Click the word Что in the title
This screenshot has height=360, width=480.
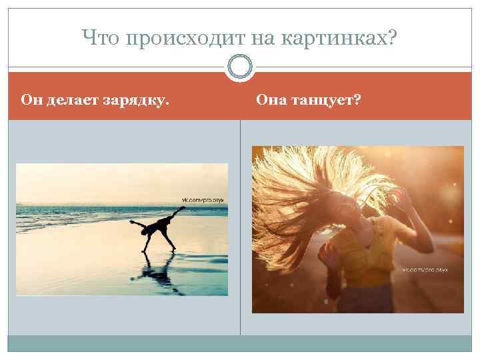[x=100, y=39]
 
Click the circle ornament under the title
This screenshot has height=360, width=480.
[x=240, y=67]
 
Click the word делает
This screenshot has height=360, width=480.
[x=73, y=101]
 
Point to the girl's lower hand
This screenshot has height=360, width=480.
[x=329, y=252]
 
